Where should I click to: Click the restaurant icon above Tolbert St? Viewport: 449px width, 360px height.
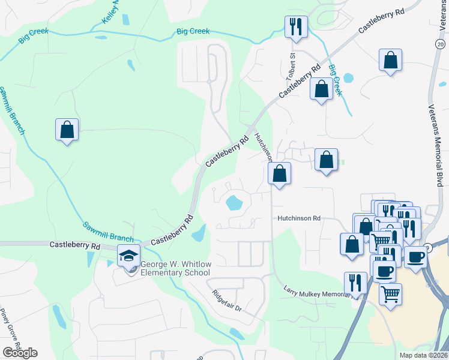[295, 27]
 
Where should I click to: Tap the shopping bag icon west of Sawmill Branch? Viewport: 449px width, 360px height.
[67, 130]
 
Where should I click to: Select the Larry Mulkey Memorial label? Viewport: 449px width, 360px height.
[316, 291]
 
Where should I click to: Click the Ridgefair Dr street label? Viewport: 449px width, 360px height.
[226, 299]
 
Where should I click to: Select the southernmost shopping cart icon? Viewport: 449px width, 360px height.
[390, 294]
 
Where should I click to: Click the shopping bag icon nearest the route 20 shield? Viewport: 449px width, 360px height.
[390, 60]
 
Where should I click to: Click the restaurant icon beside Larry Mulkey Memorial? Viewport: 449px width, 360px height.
[355, 283]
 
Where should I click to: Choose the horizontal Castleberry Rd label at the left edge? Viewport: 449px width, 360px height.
[74, 245]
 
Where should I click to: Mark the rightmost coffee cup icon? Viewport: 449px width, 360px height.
[415, 257]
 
